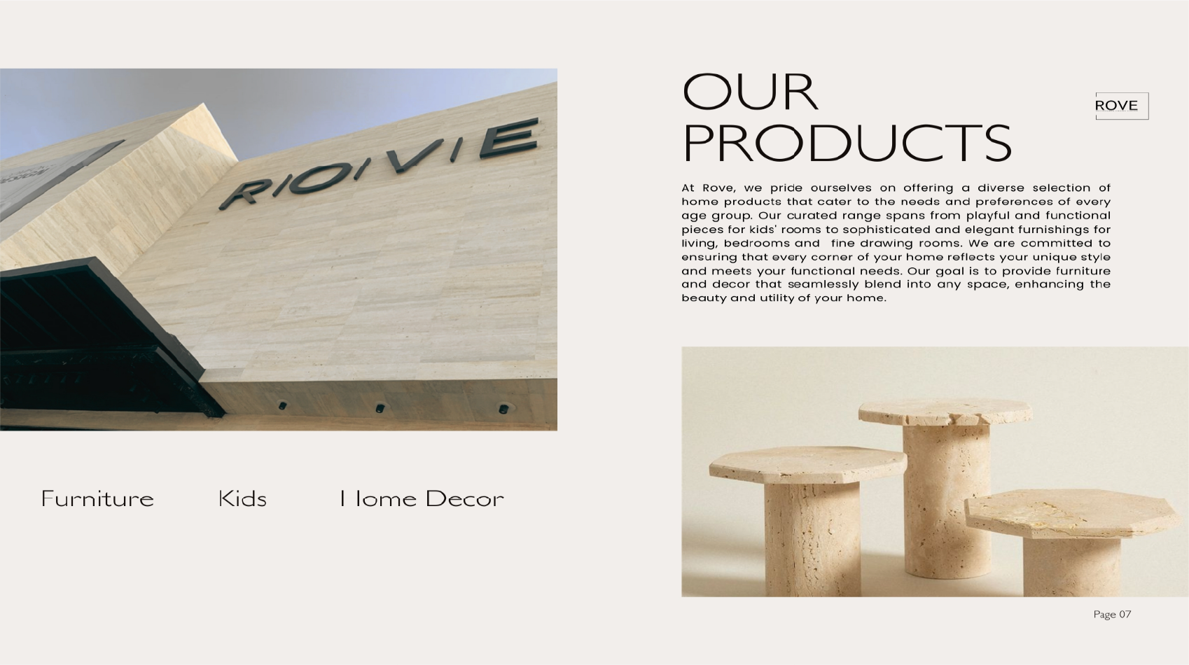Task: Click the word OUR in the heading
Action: (x=750, y=92)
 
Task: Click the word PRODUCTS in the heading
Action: (x=847, y=143)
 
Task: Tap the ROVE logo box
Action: (x=1122, y=106)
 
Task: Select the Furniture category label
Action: (x=97, y=499)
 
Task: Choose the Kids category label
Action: (x=242, y=499)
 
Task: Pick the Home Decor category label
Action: (x=422, y=499)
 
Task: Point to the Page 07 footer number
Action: (x=1112, y=615)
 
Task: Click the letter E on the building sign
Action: (x=509, y=138)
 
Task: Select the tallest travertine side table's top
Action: (x=945, y=412)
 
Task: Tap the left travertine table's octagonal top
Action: (x=808, y=464)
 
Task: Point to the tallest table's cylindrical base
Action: (x=947, y=500)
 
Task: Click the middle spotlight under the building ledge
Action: (x=380, y=408)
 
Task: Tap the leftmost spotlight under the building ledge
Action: (x=282, y=406)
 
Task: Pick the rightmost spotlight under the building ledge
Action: (x=503, y=409)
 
